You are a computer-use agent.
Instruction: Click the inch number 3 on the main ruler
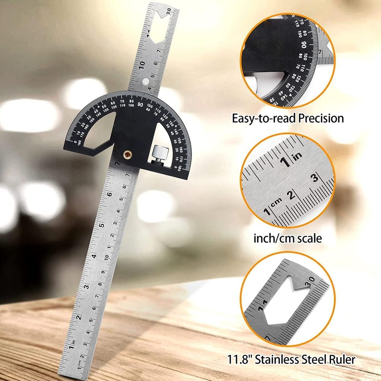click(87, 287)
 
